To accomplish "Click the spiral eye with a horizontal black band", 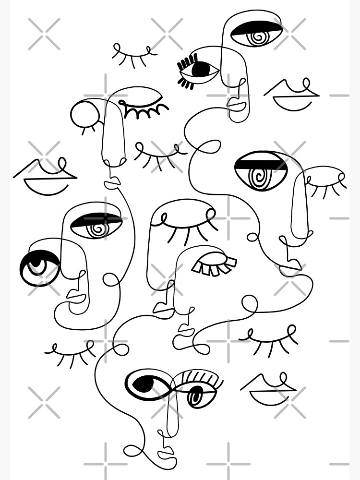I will point(261,170).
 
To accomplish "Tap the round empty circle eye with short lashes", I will point(84,114).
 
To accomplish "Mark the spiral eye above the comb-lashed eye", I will point(256,33).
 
